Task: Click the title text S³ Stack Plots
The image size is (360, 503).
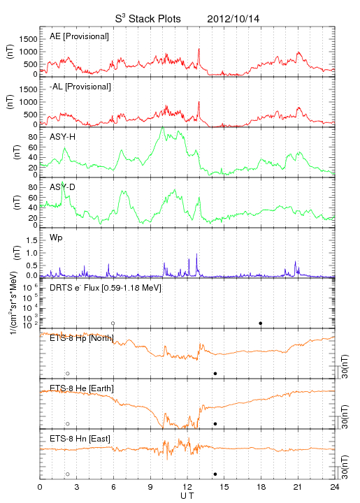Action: click(x=147, y=18)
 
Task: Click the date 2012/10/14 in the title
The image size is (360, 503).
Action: click(x=233, y=19)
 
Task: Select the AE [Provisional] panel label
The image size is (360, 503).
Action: click(x=79, y=36)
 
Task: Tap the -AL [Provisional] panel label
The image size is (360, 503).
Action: click(x=80, y=87)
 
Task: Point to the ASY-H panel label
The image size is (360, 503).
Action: click(x=63, y=137)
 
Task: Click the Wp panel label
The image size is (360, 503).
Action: click(x=56, y=238)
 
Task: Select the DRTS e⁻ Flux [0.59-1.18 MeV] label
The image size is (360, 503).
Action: click(x=106, y=288)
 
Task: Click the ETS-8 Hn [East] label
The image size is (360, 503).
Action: click(x=80, y=439)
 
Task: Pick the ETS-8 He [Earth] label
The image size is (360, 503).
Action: click(x=82, y=388)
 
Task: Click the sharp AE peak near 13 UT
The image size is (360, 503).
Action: click(x=199, y=49)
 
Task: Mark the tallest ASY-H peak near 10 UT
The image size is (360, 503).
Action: click(x=163, y=127)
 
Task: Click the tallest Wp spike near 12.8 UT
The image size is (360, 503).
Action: click(x=196, y=254)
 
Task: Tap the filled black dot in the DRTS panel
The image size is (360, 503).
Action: click(x=261, y=323)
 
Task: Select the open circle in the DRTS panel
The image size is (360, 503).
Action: click(x=113, y=323)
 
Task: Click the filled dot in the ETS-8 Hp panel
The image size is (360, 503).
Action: click(x=215, y=373)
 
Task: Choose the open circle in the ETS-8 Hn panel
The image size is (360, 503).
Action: click(x=68, y=474)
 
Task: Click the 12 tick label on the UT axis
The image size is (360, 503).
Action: click(x=187, y=487)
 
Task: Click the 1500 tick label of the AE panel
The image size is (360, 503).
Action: click(x=29, y=39)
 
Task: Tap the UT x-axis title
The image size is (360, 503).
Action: click(x=187, y=496)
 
